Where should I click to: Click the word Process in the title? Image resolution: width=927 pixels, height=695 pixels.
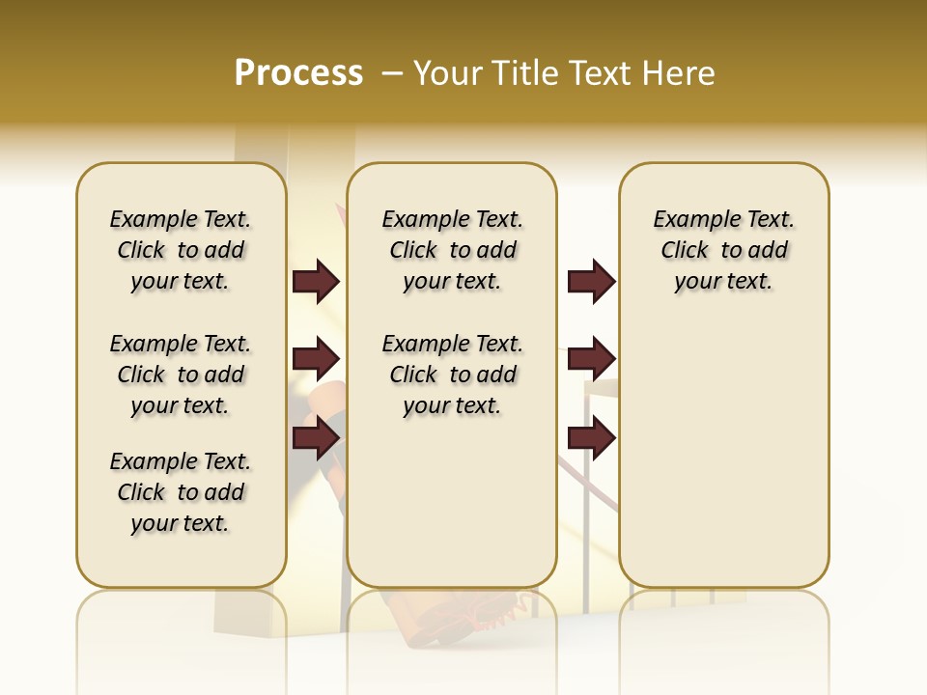(298, 73)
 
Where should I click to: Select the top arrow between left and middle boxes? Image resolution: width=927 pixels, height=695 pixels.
(316, 281)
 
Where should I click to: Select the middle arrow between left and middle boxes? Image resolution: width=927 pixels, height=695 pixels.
(316, 359)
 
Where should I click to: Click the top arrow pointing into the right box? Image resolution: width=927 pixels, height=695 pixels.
(591, 281)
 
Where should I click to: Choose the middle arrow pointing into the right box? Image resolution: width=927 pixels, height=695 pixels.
(591, 359)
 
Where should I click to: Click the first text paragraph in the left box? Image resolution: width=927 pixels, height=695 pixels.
(181, 250)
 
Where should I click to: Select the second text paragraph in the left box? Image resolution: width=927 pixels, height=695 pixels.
(181, 375)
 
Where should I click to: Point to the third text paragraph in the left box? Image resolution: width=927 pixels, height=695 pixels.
(181, 492)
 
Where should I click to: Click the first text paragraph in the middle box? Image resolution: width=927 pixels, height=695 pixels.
(452, 250)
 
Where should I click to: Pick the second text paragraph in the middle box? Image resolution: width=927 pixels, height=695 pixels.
(452, 375)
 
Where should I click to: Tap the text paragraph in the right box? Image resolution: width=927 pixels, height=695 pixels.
(724, 250)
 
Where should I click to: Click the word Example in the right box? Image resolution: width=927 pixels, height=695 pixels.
(691, 220)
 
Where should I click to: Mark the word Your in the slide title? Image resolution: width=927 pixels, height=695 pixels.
(448, 73)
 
